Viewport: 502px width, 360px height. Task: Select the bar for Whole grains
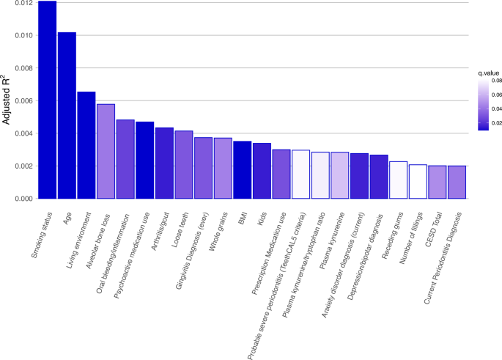coord(223,168)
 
